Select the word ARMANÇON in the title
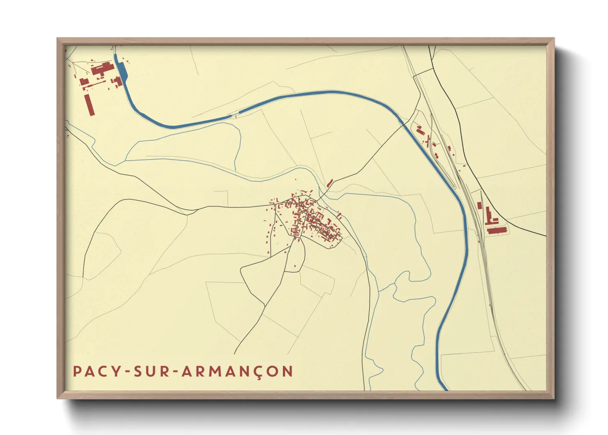click(237, 371)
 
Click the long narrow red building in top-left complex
click(89, 104)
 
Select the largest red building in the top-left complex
click(102, 68)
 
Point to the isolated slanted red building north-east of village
click(329, 183)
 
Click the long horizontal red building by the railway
click(496, 230)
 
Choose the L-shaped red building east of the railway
click(490, 217)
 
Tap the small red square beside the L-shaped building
click(479, 205)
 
